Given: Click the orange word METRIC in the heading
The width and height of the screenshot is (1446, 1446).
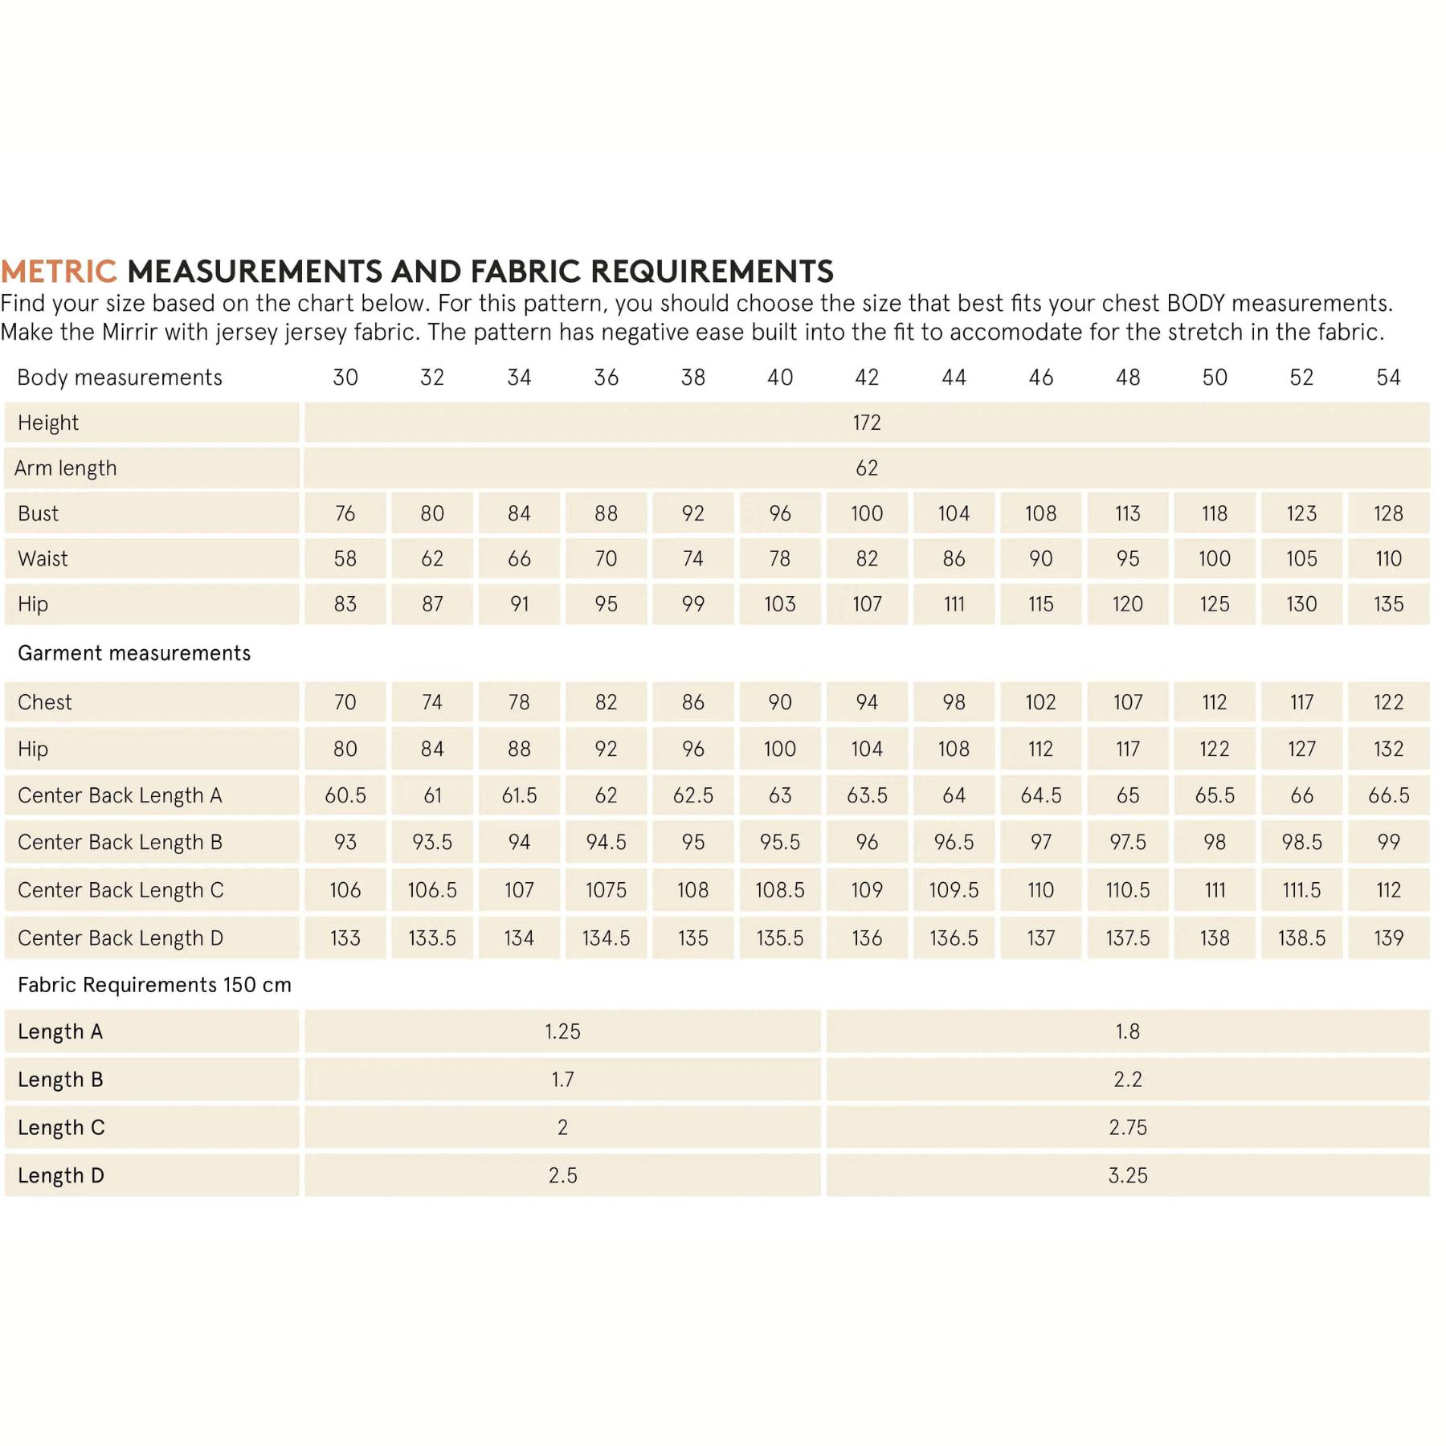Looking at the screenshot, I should pos(59,272).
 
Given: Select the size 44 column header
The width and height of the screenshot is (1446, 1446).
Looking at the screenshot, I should pos(954,377).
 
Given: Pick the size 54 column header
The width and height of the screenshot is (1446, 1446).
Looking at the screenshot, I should pos(1388,377).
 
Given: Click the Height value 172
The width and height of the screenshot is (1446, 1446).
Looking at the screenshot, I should pos(867,423).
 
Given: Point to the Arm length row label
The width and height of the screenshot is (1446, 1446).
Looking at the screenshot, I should pos(66,468).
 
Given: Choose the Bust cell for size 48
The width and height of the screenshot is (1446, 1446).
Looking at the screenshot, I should pos(1127,513).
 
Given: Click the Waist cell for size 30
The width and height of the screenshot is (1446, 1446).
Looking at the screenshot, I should pos(345,558).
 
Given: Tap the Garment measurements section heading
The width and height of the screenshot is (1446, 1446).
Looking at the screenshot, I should pos(134,653).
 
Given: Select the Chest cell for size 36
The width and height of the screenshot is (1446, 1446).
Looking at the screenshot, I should pos(606,702).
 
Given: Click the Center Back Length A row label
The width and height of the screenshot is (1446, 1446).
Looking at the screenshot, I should pos(120,795).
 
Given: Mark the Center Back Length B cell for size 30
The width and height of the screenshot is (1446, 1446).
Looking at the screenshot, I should pos(345,842).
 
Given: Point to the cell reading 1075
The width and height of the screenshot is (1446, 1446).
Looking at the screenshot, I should pos(606,890).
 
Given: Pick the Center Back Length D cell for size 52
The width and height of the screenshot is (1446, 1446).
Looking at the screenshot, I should pos(1301,937).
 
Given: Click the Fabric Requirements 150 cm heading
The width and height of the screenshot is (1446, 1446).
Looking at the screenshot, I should pos(154,985).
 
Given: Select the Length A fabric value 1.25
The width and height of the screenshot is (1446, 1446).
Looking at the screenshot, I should pos(562,1031).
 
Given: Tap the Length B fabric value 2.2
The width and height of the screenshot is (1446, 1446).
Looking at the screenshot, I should pos(1127,1080).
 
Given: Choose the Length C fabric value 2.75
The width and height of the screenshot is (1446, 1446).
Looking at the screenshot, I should pos(1127,1127).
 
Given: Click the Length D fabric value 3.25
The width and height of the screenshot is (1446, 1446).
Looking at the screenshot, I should pos(1127,1175).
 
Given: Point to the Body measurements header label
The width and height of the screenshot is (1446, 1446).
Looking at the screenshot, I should pos(120,377).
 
